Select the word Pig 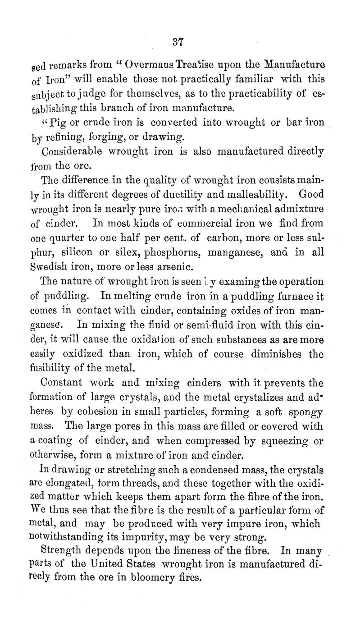coord(57,122)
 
